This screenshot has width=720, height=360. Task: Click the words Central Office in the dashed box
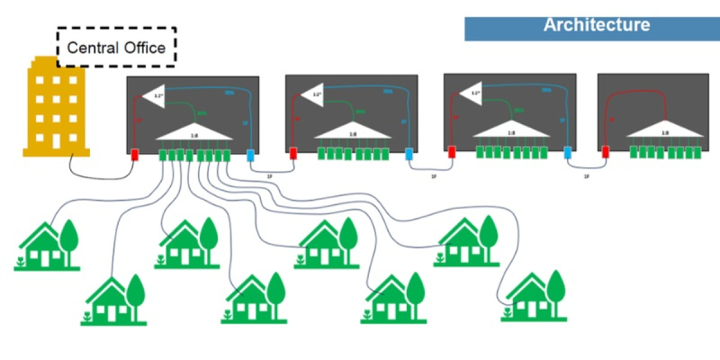click(116, 47)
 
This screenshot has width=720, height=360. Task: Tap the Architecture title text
click(596, 25)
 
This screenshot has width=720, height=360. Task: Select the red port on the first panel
click(136, 155)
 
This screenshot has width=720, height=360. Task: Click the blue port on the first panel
click(251, 155)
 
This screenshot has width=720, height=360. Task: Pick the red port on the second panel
click(293, 154)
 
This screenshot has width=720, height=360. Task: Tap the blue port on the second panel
click(409, 154)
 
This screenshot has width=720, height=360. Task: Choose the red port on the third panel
click(452, 153)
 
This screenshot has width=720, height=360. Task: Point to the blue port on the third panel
click(568, 153)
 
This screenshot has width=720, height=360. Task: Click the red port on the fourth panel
click(606, 152)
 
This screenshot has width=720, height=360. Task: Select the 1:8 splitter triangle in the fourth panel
click(665, 127)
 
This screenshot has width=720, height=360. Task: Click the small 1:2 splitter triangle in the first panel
click(154, 96)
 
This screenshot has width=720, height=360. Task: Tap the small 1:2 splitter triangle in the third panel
click(472, 94)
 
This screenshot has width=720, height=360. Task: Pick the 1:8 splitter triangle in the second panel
click(352, 129)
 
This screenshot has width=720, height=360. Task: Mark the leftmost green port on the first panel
click(163, 155)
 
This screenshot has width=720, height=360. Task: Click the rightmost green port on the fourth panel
click(697, 152)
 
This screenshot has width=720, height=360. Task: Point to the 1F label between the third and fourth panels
click(586, 177)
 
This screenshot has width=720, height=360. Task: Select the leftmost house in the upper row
click(47, 245)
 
